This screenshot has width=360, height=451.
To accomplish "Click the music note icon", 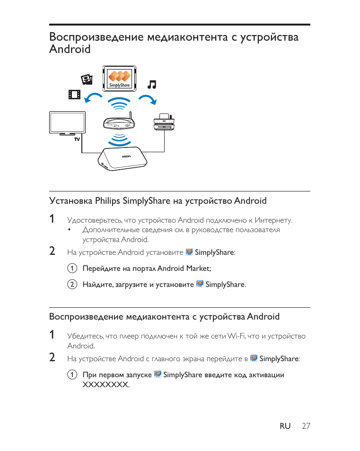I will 152,85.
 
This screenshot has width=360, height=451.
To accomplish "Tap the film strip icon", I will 74,95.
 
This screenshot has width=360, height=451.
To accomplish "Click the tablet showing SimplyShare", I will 120,79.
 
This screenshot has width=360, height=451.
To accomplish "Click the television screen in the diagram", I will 67,122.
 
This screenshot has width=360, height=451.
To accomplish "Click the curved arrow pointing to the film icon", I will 94,97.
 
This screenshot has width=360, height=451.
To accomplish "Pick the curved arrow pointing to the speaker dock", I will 149,98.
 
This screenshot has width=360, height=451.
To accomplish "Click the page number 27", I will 306,426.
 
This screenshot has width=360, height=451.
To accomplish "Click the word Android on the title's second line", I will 70,49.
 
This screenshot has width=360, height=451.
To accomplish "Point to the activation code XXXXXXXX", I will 105,384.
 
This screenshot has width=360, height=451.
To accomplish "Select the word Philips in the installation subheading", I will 107,201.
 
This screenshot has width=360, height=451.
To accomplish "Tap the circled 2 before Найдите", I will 71,285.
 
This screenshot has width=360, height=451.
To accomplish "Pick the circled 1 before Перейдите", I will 71,269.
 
